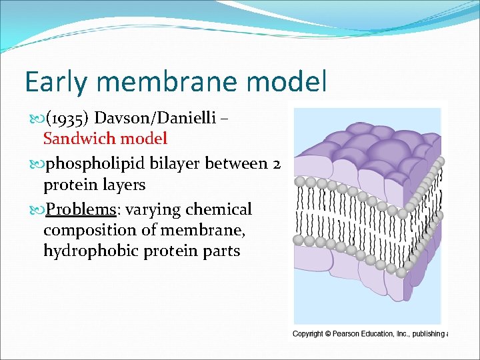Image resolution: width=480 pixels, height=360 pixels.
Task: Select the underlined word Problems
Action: [81, 209]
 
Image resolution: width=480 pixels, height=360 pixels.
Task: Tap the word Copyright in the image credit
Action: [308, 334]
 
